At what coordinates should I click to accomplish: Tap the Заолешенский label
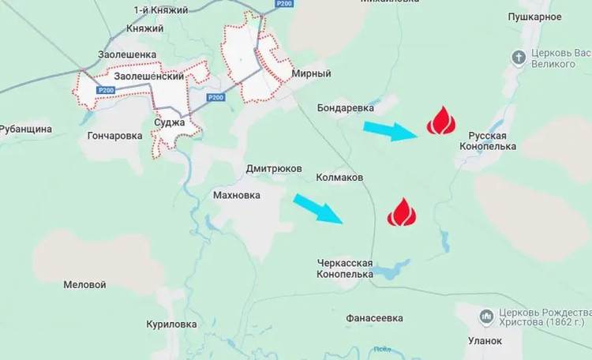[149, 77]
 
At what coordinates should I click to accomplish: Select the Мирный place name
[311, 73]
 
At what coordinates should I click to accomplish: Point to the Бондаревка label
[344, 107]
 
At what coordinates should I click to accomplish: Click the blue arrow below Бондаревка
[389, 129]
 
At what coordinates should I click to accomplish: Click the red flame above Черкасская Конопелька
[401, 212]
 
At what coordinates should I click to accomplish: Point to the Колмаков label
[339, 178]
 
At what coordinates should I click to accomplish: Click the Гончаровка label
[115, 136]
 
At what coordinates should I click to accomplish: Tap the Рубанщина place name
[26, 129]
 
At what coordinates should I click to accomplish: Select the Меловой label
[84, 284]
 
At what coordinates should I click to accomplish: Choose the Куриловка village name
[171, 324]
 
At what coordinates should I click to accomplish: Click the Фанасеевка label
[374, 318]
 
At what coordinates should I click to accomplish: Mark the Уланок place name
[485, 341]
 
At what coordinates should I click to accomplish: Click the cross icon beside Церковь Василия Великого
[519, 57]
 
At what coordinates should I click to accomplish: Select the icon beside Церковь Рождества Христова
[486, 317]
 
